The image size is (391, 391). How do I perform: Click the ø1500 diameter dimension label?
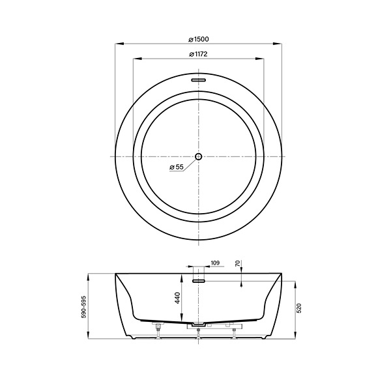pos(199,39)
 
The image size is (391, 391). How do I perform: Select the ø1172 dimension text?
pos(199,54)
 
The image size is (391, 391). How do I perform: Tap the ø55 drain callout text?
pos(177,167)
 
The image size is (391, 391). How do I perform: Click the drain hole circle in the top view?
pos(199,156)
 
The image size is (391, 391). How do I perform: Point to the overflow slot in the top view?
pos(199,80)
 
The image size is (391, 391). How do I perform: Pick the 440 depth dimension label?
pos(177,298)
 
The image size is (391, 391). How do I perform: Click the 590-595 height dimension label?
pos(83,307)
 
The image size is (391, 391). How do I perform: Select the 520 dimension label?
pos(299,308)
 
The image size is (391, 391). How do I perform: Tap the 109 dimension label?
pos(215,263)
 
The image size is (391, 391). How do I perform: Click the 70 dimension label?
pos(238,263)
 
